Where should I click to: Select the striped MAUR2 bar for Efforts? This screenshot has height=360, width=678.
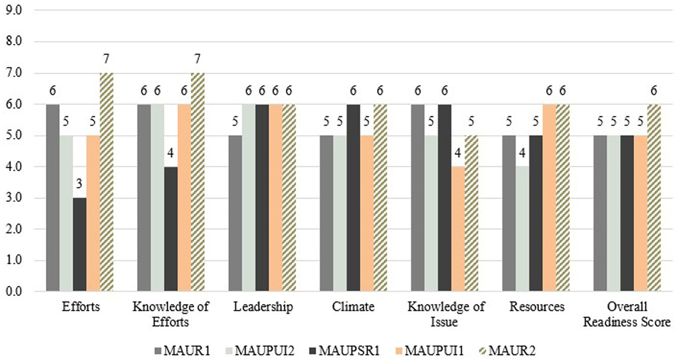click(106, 182)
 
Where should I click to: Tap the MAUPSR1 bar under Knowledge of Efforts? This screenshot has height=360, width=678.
click(171, 229)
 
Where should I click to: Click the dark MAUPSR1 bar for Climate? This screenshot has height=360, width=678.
click(353, 197)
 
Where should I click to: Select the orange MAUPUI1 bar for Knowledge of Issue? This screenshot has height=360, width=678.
click(458, 229)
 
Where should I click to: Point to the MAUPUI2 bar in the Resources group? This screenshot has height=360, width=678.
click(522, 229)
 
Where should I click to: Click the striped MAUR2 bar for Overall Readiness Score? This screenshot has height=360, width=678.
click(654, 197)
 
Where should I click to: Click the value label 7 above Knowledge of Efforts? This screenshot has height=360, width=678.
click(197, 59)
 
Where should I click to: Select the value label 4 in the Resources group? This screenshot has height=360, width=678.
click(522, 153)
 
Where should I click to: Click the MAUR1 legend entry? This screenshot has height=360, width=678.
click(182, 351)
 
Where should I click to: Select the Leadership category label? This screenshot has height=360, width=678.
click(263, 307)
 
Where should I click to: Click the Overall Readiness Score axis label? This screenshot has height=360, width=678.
click(627, 314)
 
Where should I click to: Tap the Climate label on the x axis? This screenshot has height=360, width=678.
click(353, 307)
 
